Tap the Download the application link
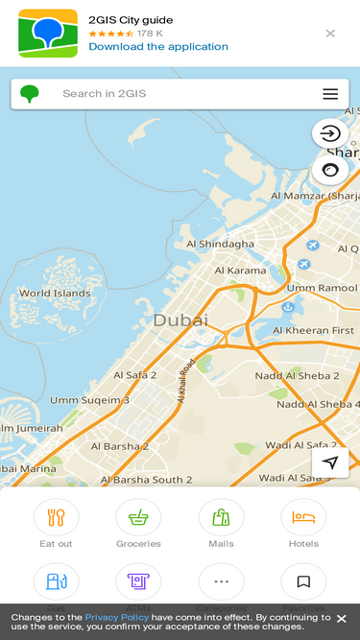(158, 46)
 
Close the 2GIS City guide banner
(330, 34)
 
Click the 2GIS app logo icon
(48, 34)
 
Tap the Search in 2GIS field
(173, 94)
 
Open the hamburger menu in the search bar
(330, 94)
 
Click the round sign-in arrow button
(330, 133)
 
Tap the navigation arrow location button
(330, 462)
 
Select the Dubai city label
(180, 320)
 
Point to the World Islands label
(55, 294)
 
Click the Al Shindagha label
(221, 244)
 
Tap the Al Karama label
(240, 271)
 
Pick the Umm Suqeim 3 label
(90, 400)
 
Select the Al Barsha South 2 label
(147, 479)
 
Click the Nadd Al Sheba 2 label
(297, 376)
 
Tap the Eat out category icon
(56, 518)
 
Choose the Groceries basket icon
(138, 518)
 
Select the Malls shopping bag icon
(221, 518)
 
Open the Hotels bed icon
(303, 518)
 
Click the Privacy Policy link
(116, 617)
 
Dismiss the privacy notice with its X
(341, 619)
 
